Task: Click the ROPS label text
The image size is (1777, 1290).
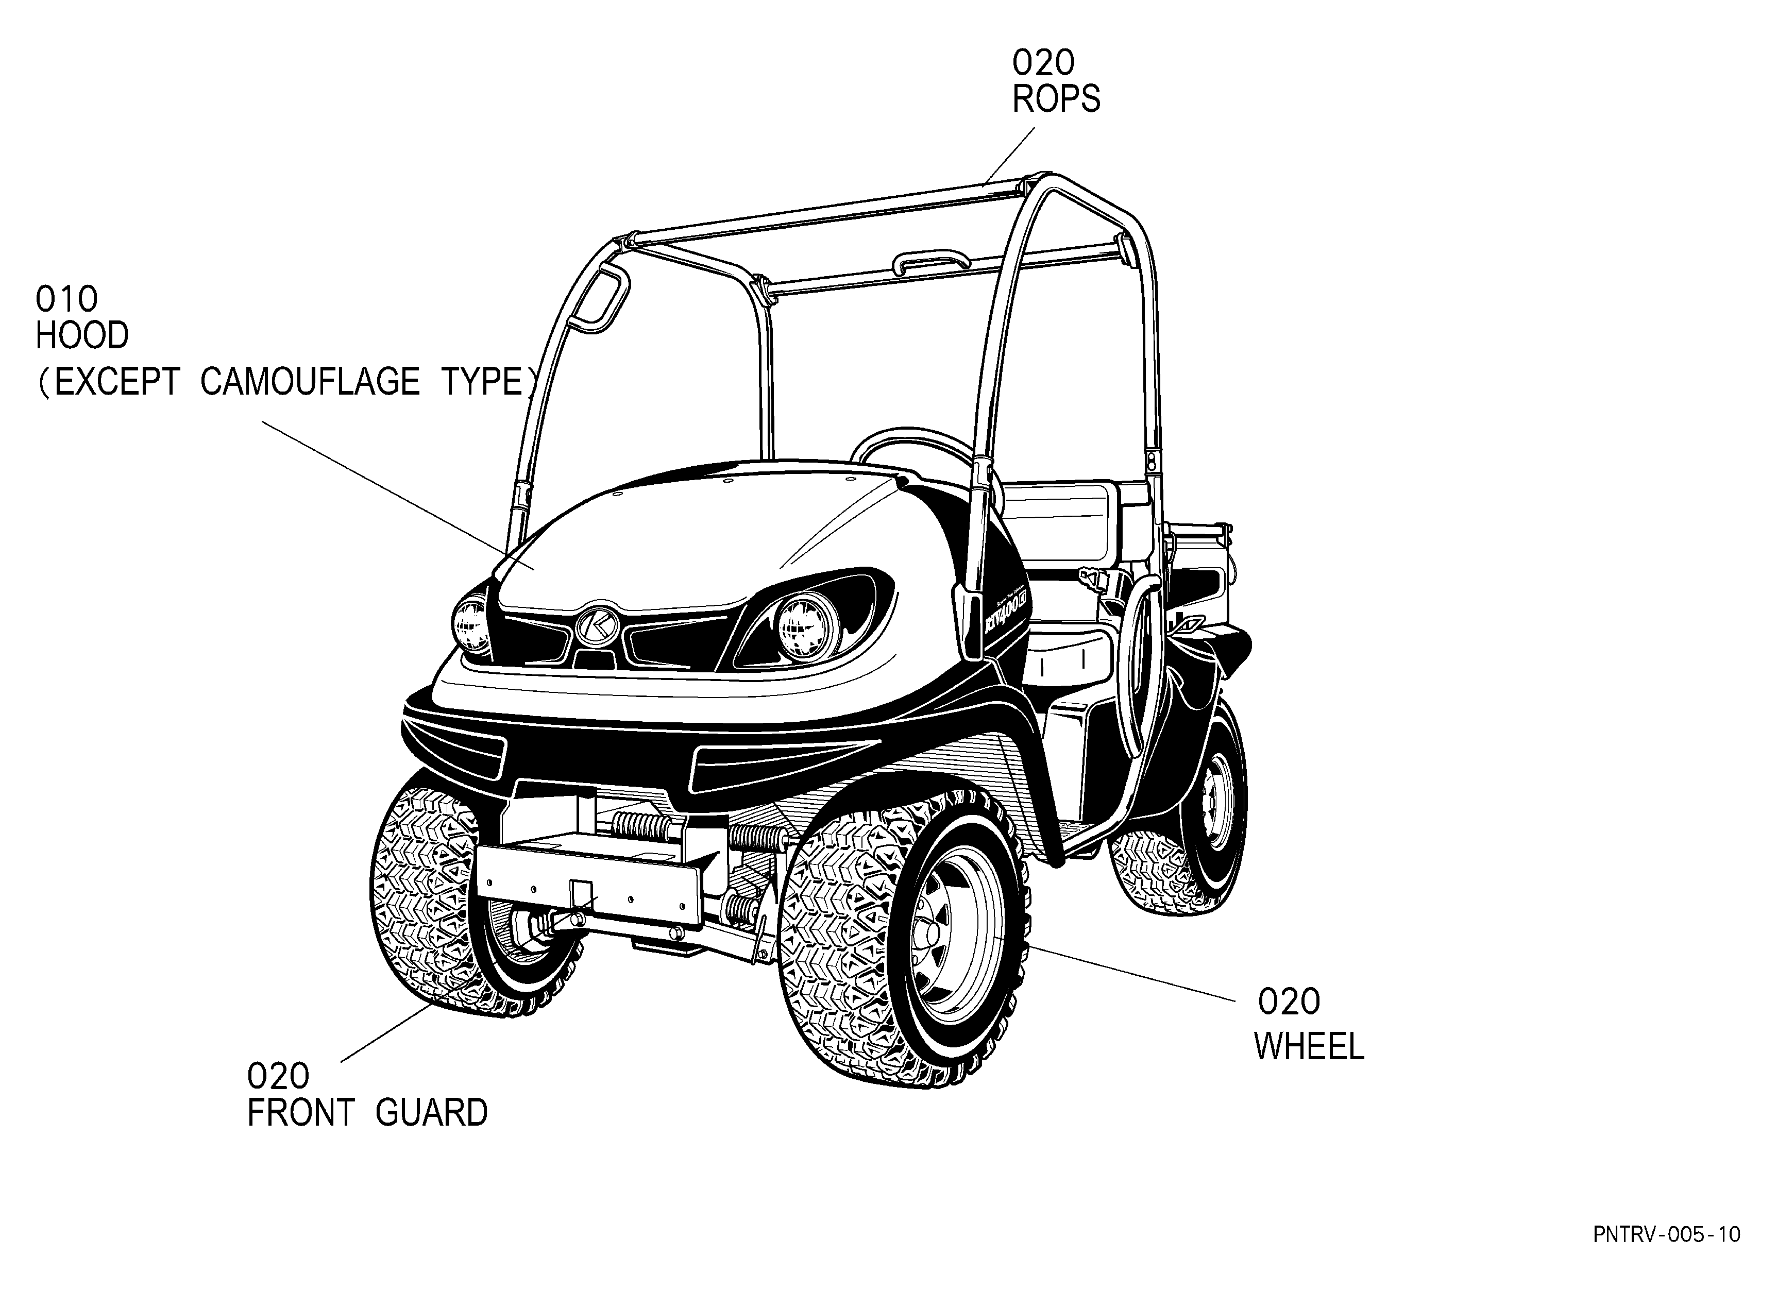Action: (1056, 99)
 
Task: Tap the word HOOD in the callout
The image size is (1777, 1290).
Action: (82, 336)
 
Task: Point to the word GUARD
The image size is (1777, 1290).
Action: (432, 1113)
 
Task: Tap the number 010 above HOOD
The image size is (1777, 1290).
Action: (66, 299)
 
